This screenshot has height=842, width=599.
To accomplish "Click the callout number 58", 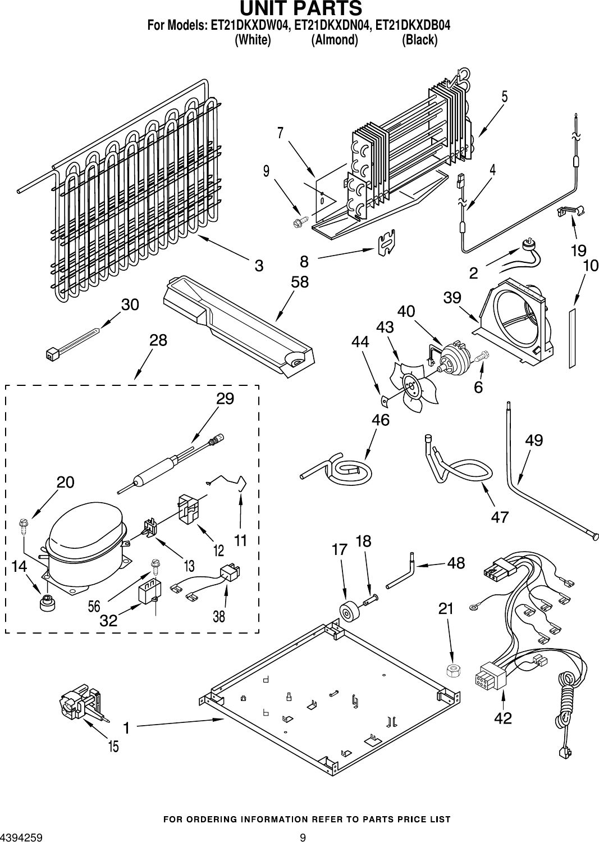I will [300, 282].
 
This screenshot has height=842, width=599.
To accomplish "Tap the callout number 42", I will [504, 718].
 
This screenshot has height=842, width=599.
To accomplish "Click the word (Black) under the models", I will [419, 40].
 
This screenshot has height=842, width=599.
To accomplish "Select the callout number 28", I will [158, 340].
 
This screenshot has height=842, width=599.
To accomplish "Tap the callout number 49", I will [534, 440].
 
